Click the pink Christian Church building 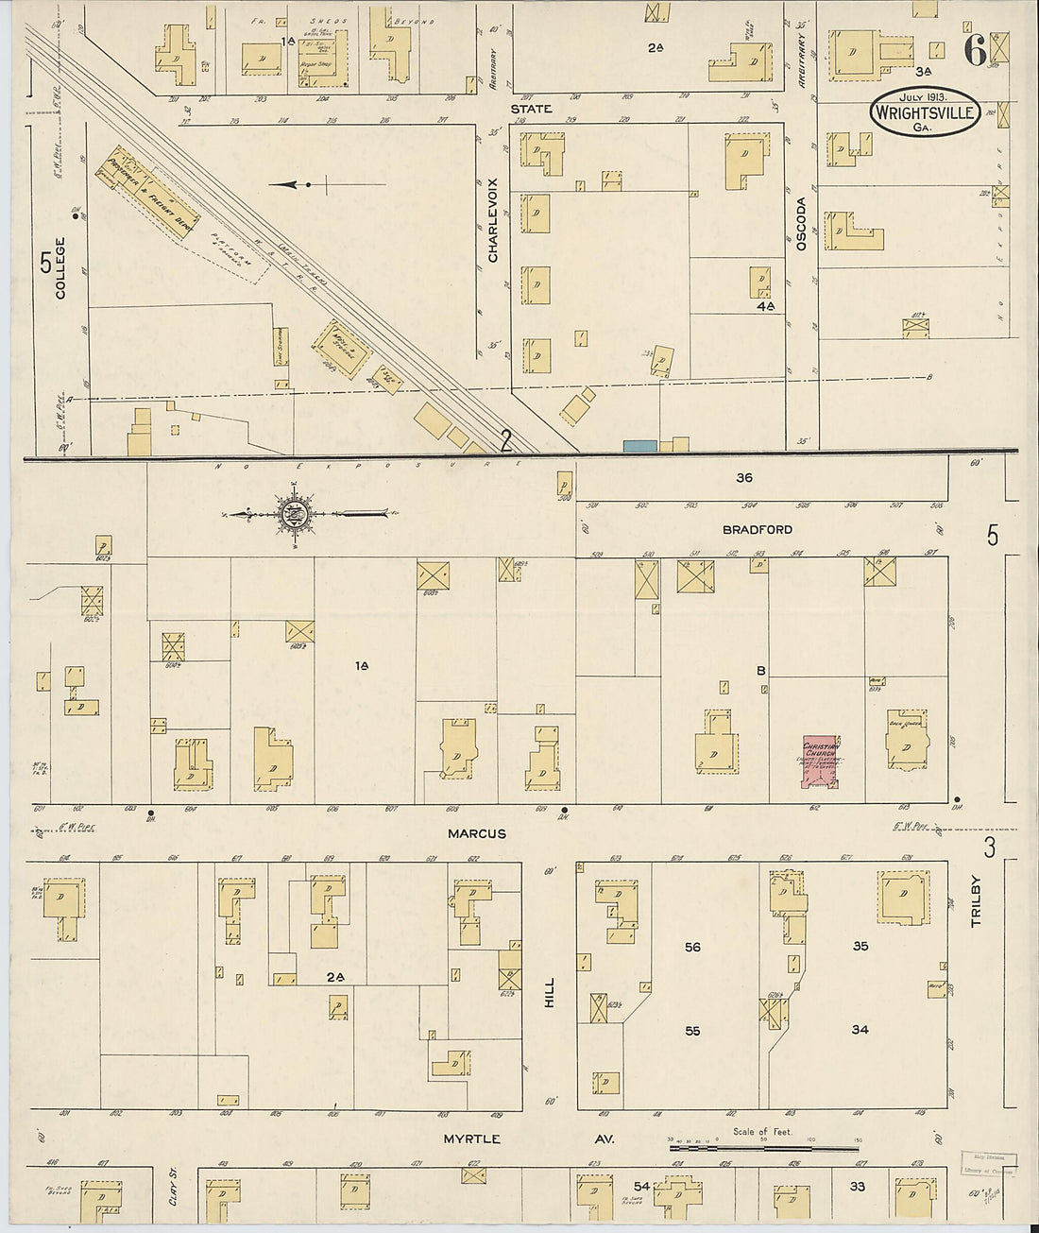820,762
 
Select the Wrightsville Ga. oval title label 912,112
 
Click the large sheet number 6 975,51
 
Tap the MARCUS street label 477,833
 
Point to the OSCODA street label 800,223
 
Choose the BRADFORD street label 757,530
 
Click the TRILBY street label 976,901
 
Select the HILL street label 548,991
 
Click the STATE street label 530,110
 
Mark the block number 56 692,947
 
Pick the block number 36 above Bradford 743,478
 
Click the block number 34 859,1030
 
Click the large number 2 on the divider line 506,439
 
